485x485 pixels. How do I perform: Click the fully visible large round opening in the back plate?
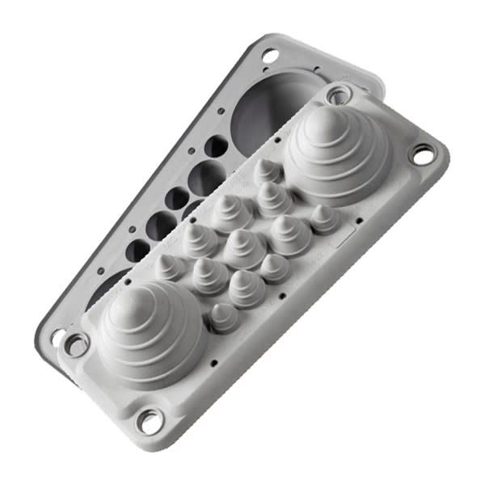272,105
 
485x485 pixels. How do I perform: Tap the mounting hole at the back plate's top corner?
270,55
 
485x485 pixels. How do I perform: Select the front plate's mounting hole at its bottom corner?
150,420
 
